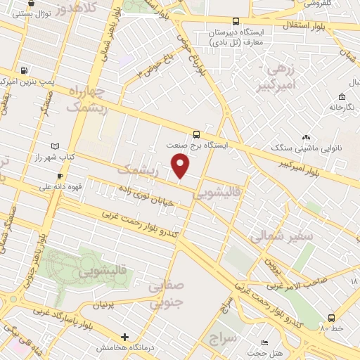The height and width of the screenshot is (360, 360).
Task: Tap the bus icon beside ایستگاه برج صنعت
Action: tap(196, 133)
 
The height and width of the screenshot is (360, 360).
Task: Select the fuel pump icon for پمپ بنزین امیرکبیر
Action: tap(26, 70)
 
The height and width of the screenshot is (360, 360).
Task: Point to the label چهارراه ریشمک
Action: tap(87, 99)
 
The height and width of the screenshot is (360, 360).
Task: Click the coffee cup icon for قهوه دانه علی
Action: tap(60, 176)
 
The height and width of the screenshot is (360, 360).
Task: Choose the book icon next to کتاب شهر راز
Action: tap(46, 146)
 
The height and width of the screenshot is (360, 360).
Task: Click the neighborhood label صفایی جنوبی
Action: tap(167, 293)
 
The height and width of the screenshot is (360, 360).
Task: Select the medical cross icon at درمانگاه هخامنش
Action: tap(125, 337)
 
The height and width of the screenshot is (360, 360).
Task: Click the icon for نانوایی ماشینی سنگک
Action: tap(305, 139)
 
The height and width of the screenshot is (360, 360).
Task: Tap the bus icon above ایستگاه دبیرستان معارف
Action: tap(235, 21)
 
